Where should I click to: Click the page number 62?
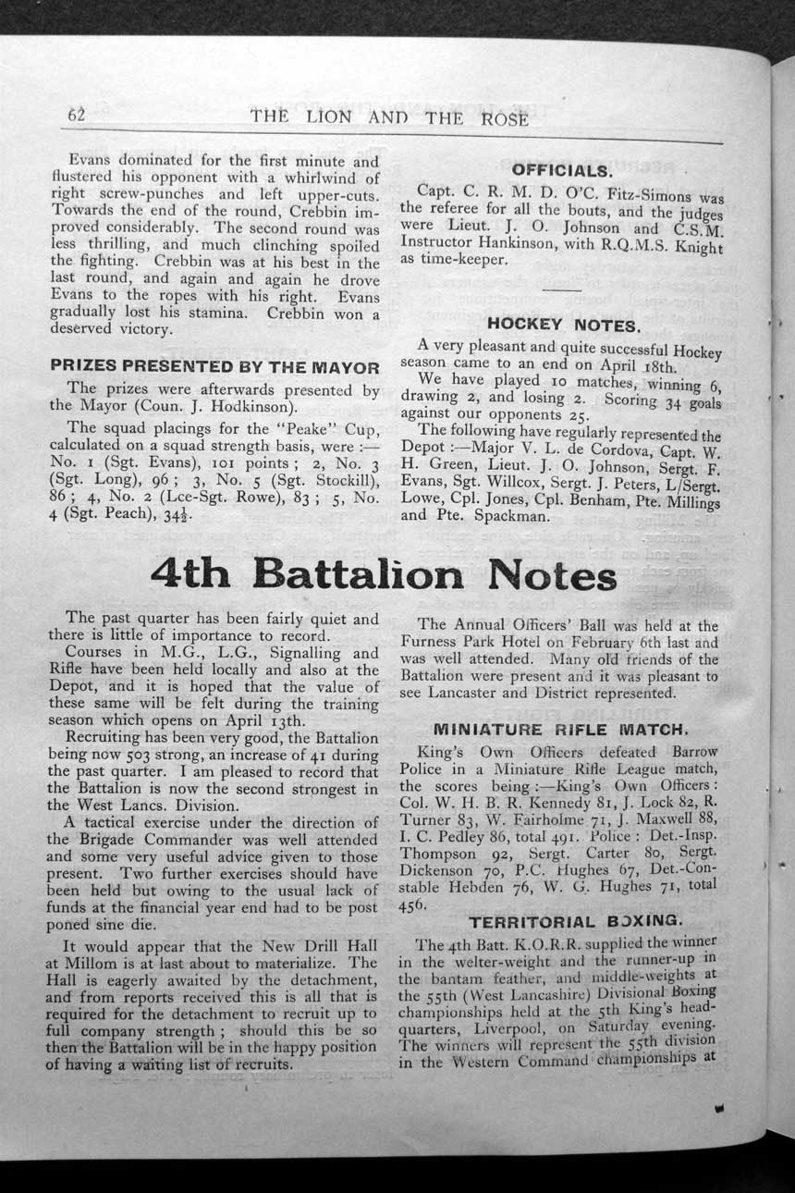(x=76, y=116)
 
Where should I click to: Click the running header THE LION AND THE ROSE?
(x=389, y=117)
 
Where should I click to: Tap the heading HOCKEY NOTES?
(x=563, y=325)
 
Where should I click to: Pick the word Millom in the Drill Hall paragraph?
(x=91, y=963)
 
